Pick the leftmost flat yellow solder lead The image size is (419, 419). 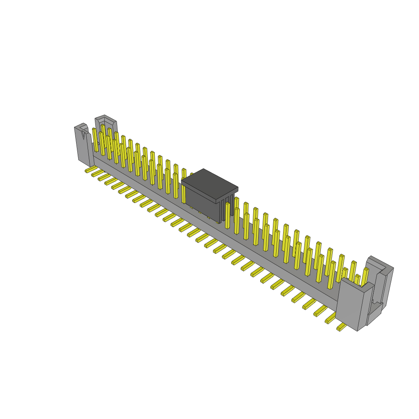coord(90,169)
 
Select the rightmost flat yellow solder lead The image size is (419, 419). coord(341,327)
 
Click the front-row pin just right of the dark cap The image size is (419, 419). coord(228,215)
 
